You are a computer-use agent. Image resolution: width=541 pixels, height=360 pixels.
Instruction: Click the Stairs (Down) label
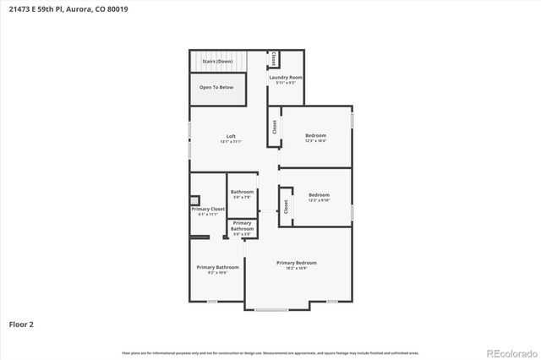pyautogui.click(x=217, y=62)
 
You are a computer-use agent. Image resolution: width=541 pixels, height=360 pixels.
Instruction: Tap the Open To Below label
pyautogui.click(x=217, y=87)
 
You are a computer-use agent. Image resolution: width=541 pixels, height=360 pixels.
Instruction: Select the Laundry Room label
pyautogui.click(x=286, y=77)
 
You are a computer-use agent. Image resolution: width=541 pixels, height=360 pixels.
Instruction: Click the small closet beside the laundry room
pyautogui.click(x=274, y=59)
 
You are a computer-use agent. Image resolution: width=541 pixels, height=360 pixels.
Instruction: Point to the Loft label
pyautogui.click(x=231, y=136)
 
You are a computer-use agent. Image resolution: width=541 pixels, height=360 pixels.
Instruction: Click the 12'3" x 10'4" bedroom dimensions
pyautogui.click(x=315, y=140)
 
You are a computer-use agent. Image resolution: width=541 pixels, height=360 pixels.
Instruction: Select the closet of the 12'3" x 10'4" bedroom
pyautogui.click(x=275, y=126)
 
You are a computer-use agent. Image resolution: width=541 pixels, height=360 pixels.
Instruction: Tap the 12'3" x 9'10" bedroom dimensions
pyautogui.click(x=319, y=200)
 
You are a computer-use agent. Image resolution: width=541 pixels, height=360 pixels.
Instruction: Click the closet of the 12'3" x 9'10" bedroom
pyautogui.click(x=287, y=205)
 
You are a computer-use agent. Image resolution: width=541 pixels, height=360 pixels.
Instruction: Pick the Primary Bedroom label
pyautogui.click(x=297, y=262)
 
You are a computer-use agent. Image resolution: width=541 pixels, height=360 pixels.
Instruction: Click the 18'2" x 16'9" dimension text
pyautogui.click(x=297, y=268)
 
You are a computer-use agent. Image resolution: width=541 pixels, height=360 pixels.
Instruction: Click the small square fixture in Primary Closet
pyautogui.click(x=195, y=201)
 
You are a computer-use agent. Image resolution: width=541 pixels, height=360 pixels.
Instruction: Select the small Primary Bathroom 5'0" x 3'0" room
pyautogui.click(x=243, y=227)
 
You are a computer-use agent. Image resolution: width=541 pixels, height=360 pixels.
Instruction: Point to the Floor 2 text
pyautogui.click(x=21, y=324)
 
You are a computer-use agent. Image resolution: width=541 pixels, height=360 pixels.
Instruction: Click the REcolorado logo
pyautogui.click(x=511, y=352)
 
